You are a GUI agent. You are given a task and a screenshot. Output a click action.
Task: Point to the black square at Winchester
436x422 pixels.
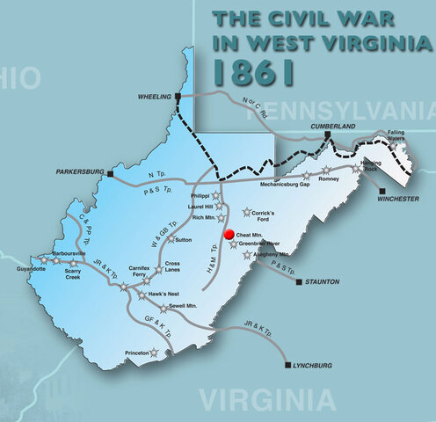click(384, 189)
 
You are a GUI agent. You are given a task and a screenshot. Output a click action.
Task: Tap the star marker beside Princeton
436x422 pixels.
click(155, 353)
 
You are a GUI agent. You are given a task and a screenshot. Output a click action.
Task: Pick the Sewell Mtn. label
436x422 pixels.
click(187, 309)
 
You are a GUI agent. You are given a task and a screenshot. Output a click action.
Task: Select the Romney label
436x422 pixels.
click(328, 178)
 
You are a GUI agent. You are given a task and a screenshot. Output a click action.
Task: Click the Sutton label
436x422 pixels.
click(184, 239)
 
